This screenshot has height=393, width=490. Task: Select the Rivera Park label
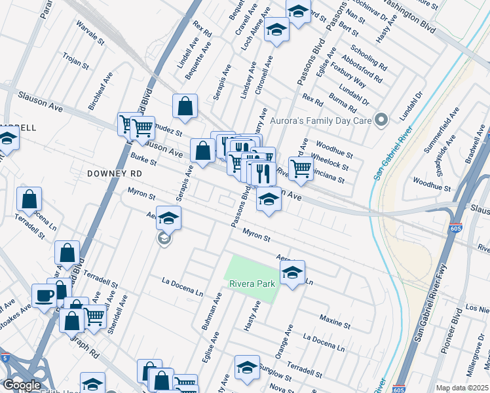click(x=251, y=284)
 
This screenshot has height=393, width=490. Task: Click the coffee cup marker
click(x=45, y=295)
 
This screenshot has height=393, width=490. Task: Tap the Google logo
click(x=22, y=385)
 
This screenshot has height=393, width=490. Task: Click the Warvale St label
click(x=90, y=34)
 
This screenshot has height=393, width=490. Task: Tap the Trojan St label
click(x=76, y=62)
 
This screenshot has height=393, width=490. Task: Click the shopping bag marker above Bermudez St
click(x=185, y=106)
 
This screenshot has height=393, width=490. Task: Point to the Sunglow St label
click(x=274, y=372)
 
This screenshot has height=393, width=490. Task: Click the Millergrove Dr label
click(x=474, y=371)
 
